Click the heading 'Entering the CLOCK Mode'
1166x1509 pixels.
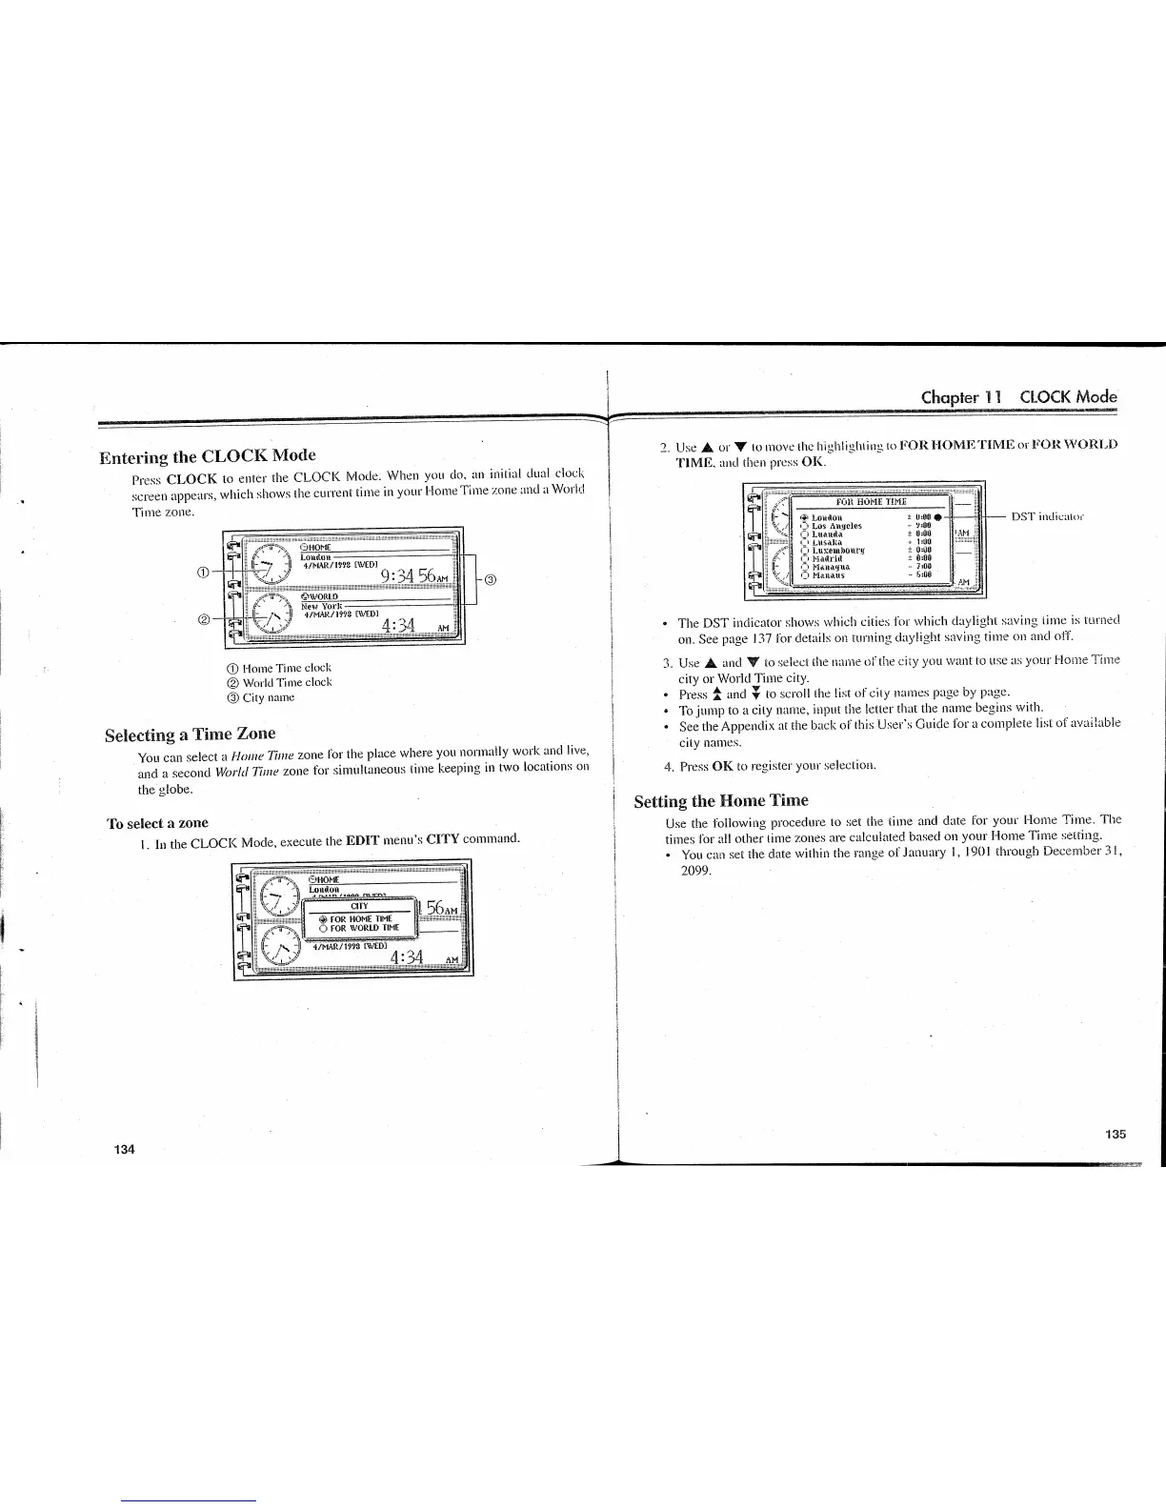(208, 454)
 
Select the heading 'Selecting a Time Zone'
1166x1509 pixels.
(190, 734)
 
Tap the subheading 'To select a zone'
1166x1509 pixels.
(157, 822)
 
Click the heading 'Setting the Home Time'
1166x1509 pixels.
(721, 800)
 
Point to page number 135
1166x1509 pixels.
(1116, 1134)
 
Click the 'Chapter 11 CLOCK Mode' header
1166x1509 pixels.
(1018, 397)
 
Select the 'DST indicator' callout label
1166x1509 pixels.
(1048, 516)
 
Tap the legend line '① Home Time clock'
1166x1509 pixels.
(274, 668)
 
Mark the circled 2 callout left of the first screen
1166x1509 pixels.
(203, 620)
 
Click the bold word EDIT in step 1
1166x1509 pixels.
(363, 840)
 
